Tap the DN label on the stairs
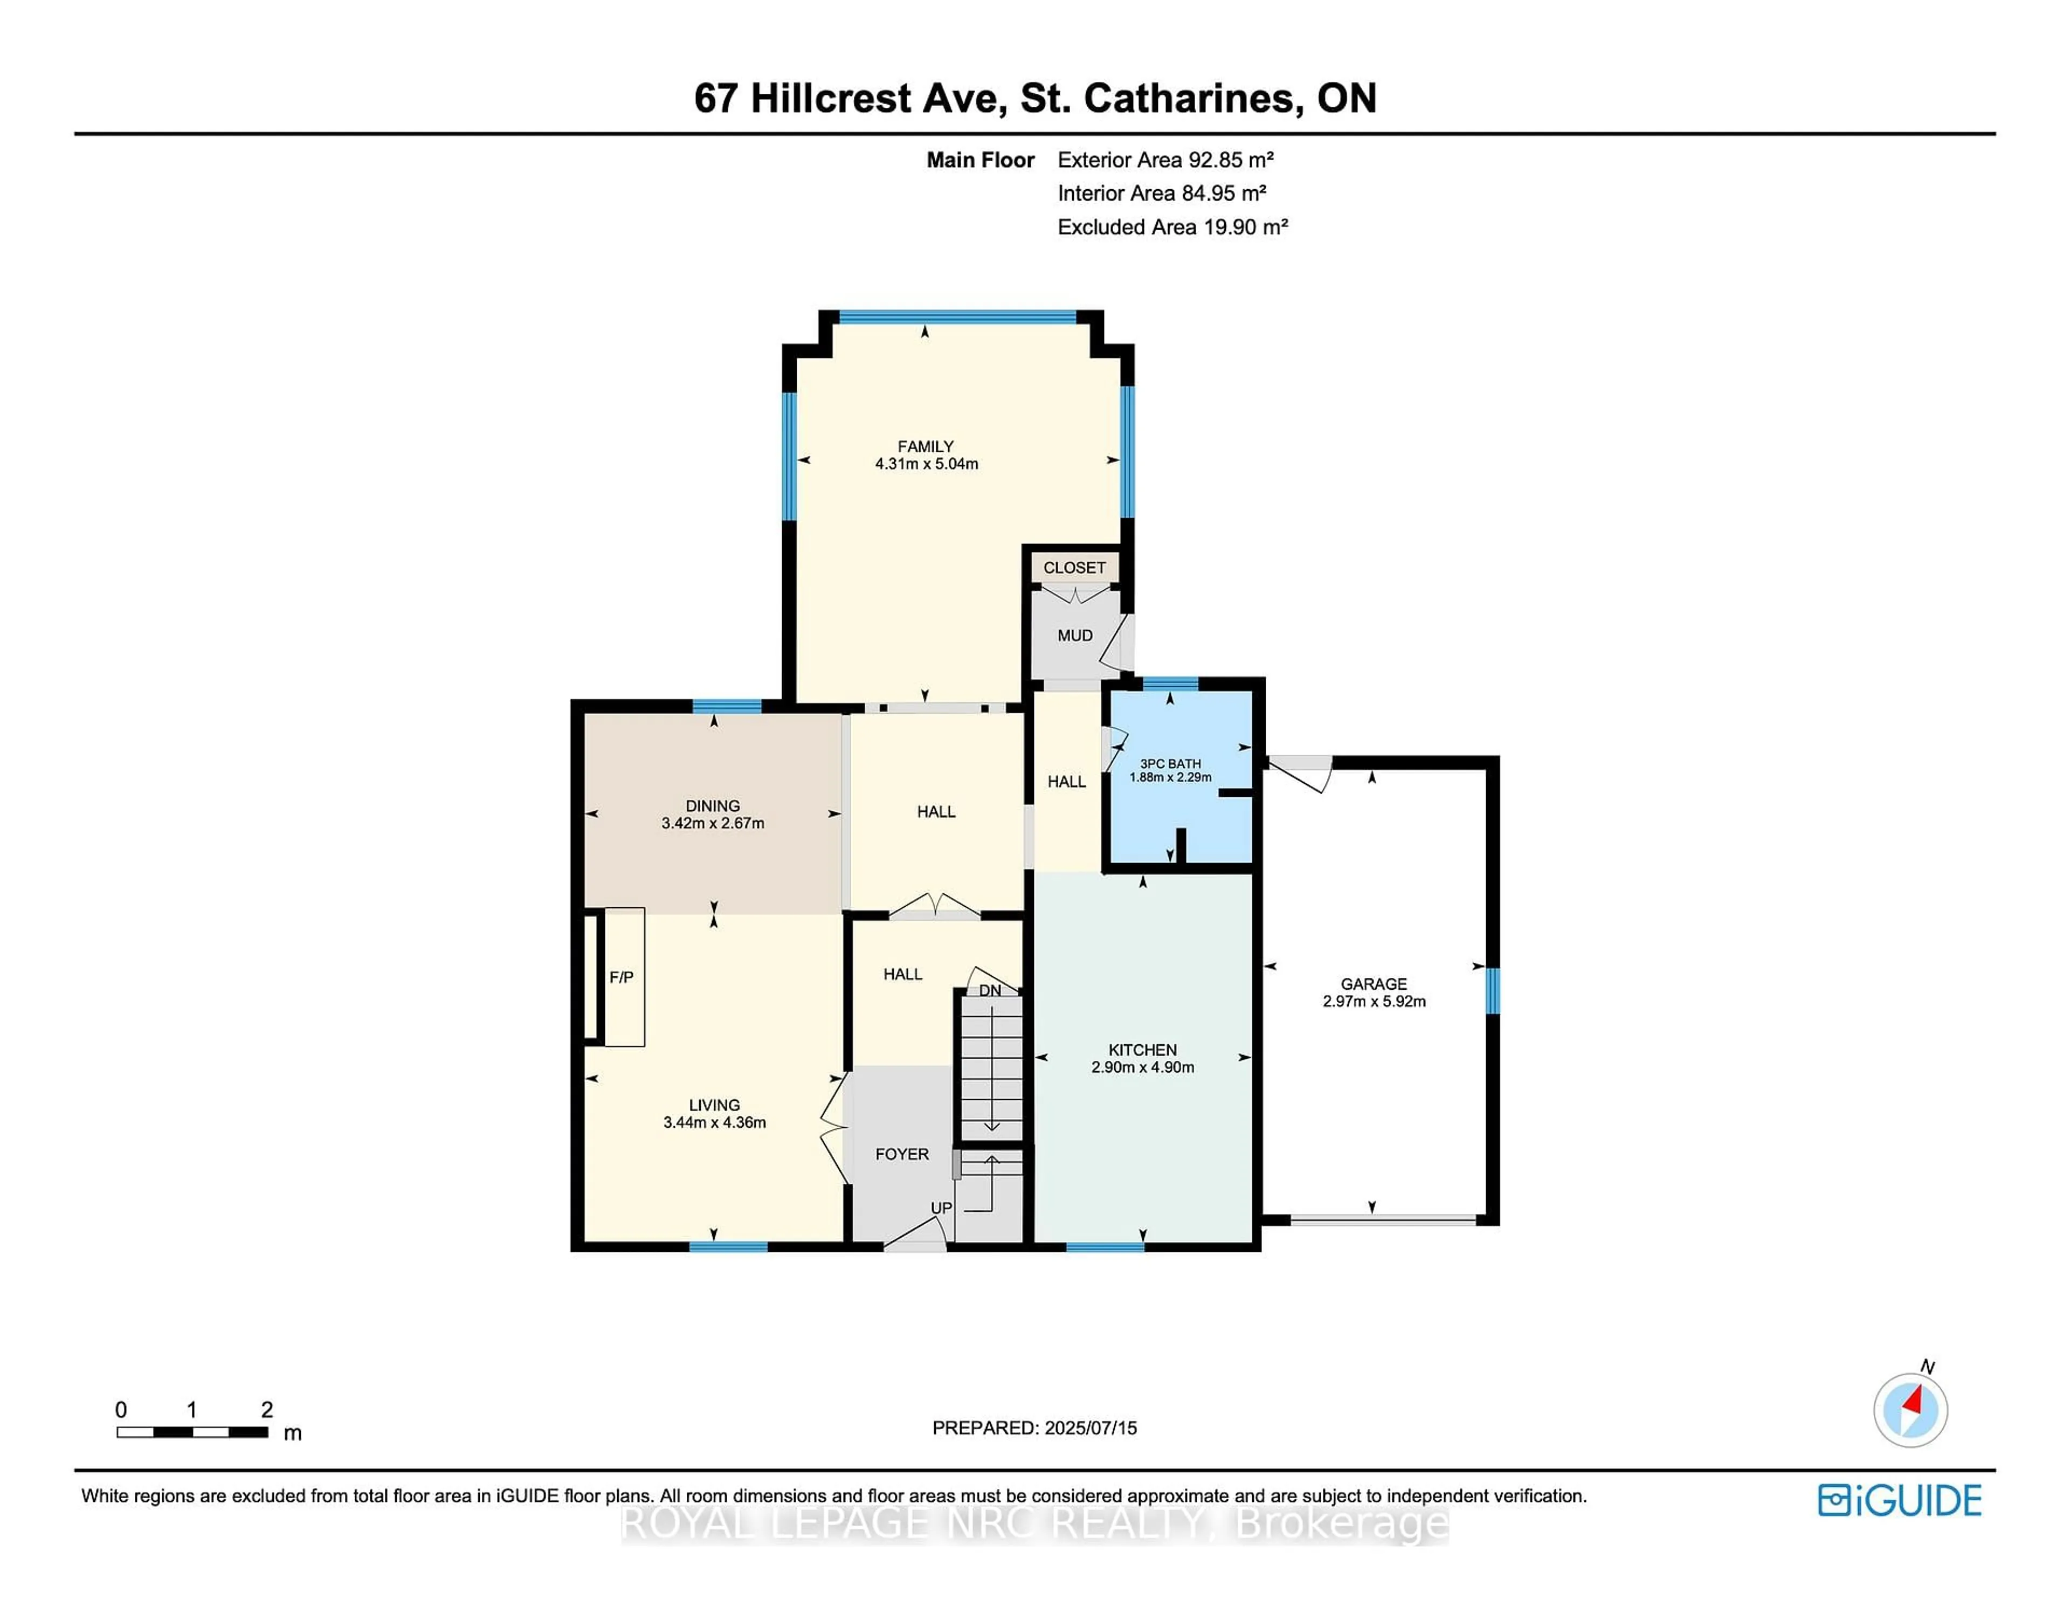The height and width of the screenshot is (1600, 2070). tap(990, 990)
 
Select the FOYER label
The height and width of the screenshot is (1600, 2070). tap(901, 1154)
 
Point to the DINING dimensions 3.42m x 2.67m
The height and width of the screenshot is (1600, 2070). tap(713, 823)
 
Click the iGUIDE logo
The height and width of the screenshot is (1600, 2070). tap(1900, 1500)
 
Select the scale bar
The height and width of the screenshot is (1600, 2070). tap(192, 1431)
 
